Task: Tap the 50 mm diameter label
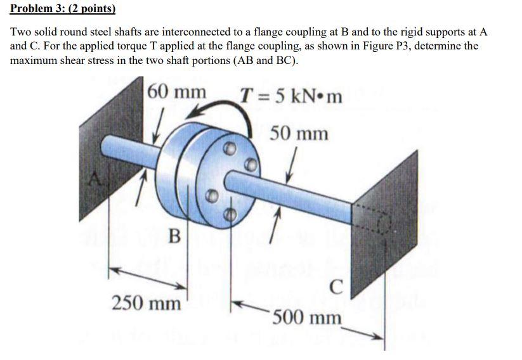299,134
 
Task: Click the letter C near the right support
337,288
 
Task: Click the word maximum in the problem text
36,61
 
